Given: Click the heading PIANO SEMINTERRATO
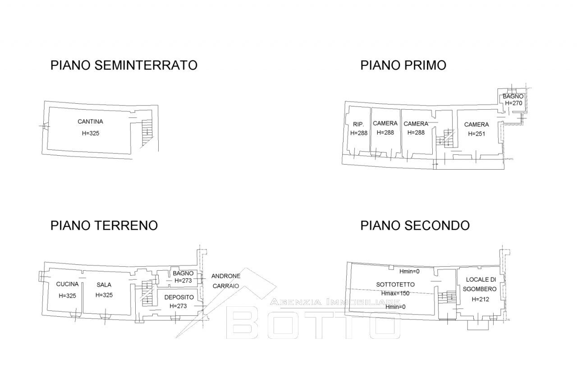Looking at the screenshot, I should point(124,65).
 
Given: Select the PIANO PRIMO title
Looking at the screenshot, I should point(403,65).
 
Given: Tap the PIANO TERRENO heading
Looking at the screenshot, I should point(104,225).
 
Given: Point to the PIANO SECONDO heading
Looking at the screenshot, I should point(415,225).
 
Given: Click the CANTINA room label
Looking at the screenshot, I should point(90,121).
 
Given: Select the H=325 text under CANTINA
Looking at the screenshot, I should point(90,133).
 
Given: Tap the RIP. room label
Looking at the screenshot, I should point(358,124).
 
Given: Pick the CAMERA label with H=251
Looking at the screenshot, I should point(476,125).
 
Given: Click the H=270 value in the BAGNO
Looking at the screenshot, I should point(513,103).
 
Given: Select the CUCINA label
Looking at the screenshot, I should point(68,284).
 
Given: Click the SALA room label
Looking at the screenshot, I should point(104,285).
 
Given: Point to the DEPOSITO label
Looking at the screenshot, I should point(179,297).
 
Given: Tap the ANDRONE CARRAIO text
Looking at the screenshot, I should point(227,281).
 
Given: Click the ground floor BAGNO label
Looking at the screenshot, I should point(183,273).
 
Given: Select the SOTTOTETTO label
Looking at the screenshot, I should point(395,285).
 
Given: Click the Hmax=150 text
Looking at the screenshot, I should point(395,293).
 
